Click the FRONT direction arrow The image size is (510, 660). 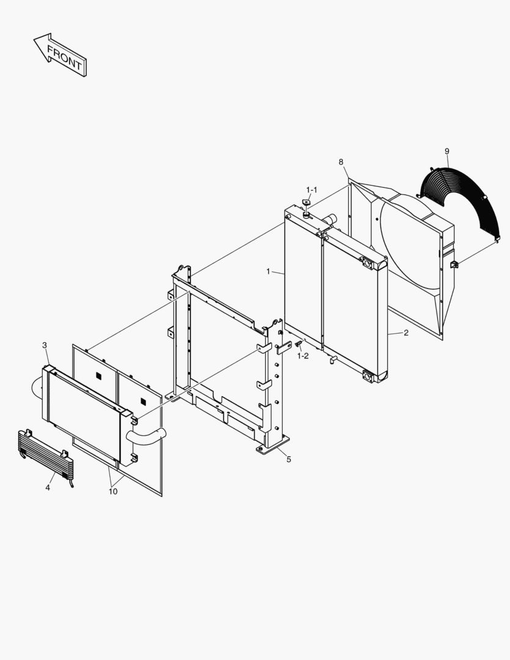pyautogui.click(x=60, y=57)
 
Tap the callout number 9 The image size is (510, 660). pyautogui.click(x=446, y=151)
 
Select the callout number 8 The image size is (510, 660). pyautogui.click(x=341, y=162)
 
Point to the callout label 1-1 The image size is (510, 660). pyautogui.click(x=311, y=190)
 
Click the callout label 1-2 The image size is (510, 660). pyautogui.click(x=303, y=356)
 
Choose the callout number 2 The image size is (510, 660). pyautogui.click(x=405, y=333)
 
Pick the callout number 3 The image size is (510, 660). pyautogui.click(x=45, y=345)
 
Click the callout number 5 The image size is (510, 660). pyautogui.click(x=289, y=460)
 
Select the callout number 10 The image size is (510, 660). pyautogui.click(x=114, y=491)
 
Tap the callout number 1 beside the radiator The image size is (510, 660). pyautogui.click(x=268, y=271)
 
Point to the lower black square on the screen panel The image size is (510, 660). pyautogui.click(x=144, y=402)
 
